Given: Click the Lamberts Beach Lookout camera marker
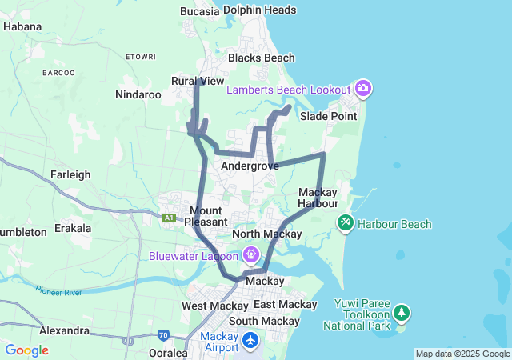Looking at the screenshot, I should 362,88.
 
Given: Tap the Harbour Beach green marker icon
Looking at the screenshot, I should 346,222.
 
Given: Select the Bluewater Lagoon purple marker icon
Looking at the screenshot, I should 251,255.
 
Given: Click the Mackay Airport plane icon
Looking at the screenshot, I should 251,342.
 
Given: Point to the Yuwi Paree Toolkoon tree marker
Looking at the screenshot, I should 401,312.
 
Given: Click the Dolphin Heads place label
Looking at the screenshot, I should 260,10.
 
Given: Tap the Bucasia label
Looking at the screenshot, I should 200,11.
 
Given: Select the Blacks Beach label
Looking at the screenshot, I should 262,58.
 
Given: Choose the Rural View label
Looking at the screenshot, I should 198,81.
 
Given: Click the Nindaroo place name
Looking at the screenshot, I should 138,94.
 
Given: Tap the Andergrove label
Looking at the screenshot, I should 250,166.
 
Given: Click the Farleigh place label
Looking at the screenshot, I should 70,174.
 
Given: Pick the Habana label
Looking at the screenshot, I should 22,26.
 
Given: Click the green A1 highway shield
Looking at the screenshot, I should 169,218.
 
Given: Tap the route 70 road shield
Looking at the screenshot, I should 163,335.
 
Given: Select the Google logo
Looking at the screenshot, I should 26,350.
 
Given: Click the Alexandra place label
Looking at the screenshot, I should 64,330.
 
